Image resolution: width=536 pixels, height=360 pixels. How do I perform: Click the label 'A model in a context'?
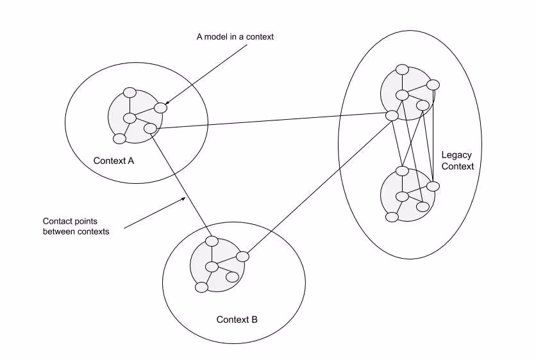coord(235,37)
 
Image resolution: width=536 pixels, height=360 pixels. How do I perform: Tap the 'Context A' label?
coord(113,160)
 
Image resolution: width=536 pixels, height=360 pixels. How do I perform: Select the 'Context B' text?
coord(237,319)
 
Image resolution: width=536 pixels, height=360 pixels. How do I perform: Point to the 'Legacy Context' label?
coord(457,161)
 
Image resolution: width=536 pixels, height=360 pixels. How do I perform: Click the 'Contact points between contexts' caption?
coord(76,226)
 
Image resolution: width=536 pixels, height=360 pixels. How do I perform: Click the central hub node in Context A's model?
coord(130,118)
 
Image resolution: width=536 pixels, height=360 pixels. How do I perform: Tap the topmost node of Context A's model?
coord(130,92)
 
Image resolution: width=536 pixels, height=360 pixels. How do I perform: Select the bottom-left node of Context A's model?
coord(119,138)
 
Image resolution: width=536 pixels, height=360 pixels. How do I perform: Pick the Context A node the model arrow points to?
coord(160,108)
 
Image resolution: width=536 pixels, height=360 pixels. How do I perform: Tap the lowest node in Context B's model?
coord(201,287)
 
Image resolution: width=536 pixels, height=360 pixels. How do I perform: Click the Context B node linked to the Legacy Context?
coord(242,256)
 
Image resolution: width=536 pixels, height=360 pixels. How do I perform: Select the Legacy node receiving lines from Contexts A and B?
coord(391,115)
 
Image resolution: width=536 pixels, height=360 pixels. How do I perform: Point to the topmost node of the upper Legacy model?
coord(402,69)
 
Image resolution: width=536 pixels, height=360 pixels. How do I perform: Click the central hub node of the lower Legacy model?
coord(402,196)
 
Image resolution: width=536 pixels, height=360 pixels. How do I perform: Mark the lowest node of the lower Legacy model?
coord(392,217)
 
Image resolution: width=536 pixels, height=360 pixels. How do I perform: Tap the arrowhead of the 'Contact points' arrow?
coord(184,199)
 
